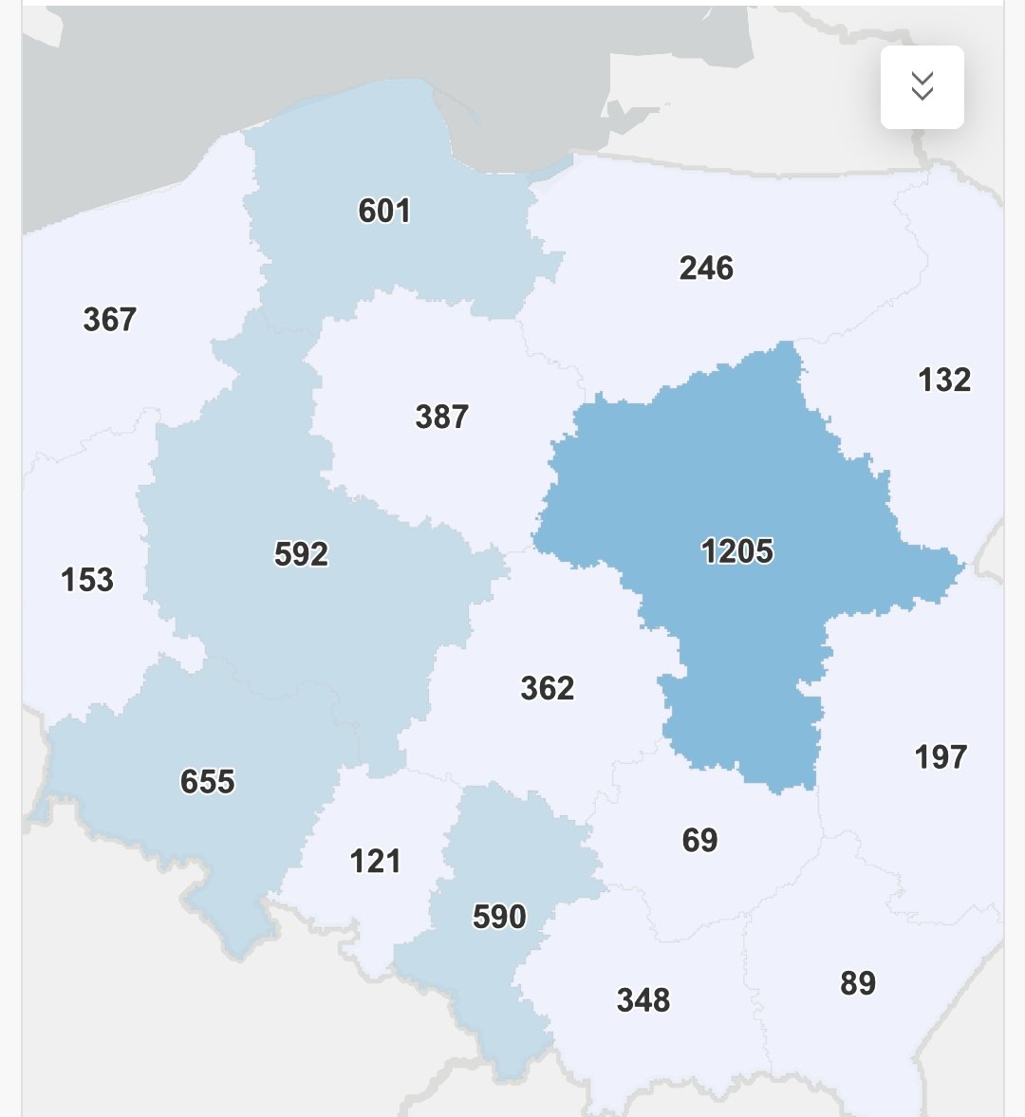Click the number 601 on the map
(x=384, y=211)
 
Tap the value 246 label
(x=706, y=269)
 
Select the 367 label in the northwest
(x=110, y=320)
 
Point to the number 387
(x=442, y=417)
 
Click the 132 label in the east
(x=944, y=381)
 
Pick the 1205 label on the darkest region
(x=737, y=551)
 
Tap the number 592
(x=301, y=554)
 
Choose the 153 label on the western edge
(x=87, y=580)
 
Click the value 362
(x=548, y=688)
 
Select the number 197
(x=941, y=757)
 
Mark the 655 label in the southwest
(x=208, y=782)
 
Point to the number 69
(x=699, y=840)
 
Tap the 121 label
(x=376, y=862)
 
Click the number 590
(x=499, y=917)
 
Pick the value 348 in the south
(x=643, y=1000)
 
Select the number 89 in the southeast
(x=858, y=983)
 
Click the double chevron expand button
(x=922, y=87)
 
